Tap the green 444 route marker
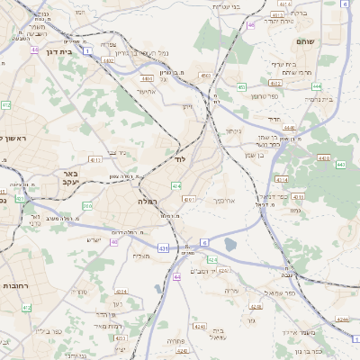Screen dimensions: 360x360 pos(317,86)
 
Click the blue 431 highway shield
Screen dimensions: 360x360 pos(163,247)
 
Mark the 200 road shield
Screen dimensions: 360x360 pos(87,206)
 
